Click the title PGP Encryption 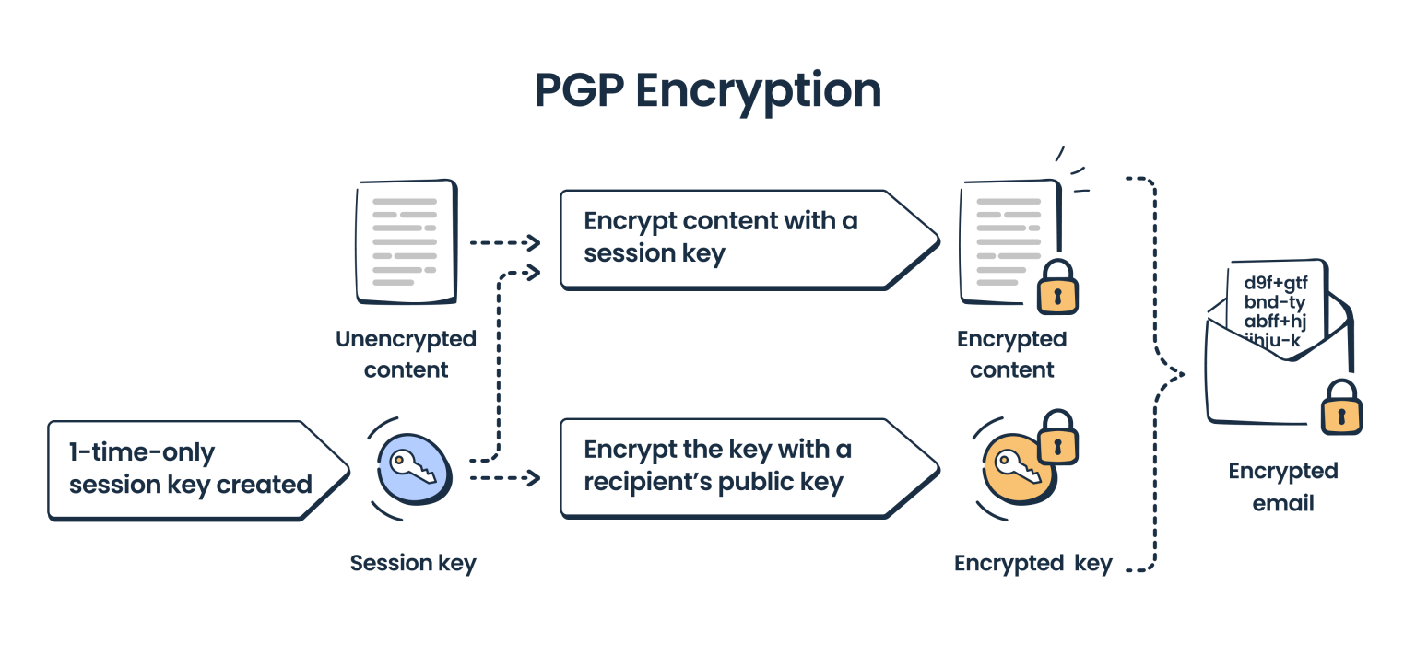(x=707, y=90)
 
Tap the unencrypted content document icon (x=407, y=242)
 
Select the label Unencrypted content (x=406, y=355)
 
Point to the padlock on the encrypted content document (x=1056, y=287)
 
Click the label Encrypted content (x=1011, y=355)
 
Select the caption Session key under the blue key (x=413, y=563)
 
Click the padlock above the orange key (x=1057, y=437)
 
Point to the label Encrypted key (x=1032, y=564)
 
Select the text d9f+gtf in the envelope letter (x=1275, y=282)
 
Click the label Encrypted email (x=1282, y=487)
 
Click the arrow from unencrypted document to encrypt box (x=504, y=243)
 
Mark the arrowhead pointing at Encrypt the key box (x=532, y=477)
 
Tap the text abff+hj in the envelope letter (x=1275, y=321)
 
